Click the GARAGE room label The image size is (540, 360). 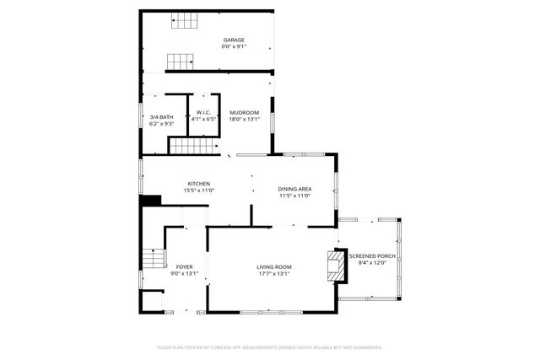pos(234,40)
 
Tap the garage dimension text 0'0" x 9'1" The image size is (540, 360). pos(234,46)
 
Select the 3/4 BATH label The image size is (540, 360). pos(162,116)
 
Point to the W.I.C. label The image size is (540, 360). pos(203,112)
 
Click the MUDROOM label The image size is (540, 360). pos(245,112)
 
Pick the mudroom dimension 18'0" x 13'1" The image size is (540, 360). pos(245,119)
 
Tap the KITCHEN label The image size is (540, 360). pos(199,184)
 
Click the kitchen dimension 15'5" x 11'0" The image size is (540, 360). pos(199,191)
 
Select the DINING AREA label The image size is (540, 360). pos(295,189)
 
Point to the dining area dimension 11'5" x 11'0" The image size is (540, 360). pos(295,196)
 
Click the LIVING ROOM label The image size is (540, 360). pos(274,267)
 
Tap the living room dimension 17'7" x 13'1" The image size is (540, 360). pos(274,274)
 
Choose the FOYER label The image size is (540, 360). pos(185,266)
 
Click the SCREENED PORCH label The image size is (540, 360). pos(372,255)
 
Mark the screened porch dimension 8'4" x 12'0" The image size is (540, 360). pos(372,262)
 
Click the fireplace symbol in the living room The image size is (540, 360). pos(336,266)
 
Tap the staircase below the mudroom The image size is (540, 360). pos(193,147)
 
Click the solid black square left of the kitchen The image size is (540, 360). pos(151,200)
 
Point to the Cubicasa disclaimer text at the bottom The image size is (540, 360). pos(270,347)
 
